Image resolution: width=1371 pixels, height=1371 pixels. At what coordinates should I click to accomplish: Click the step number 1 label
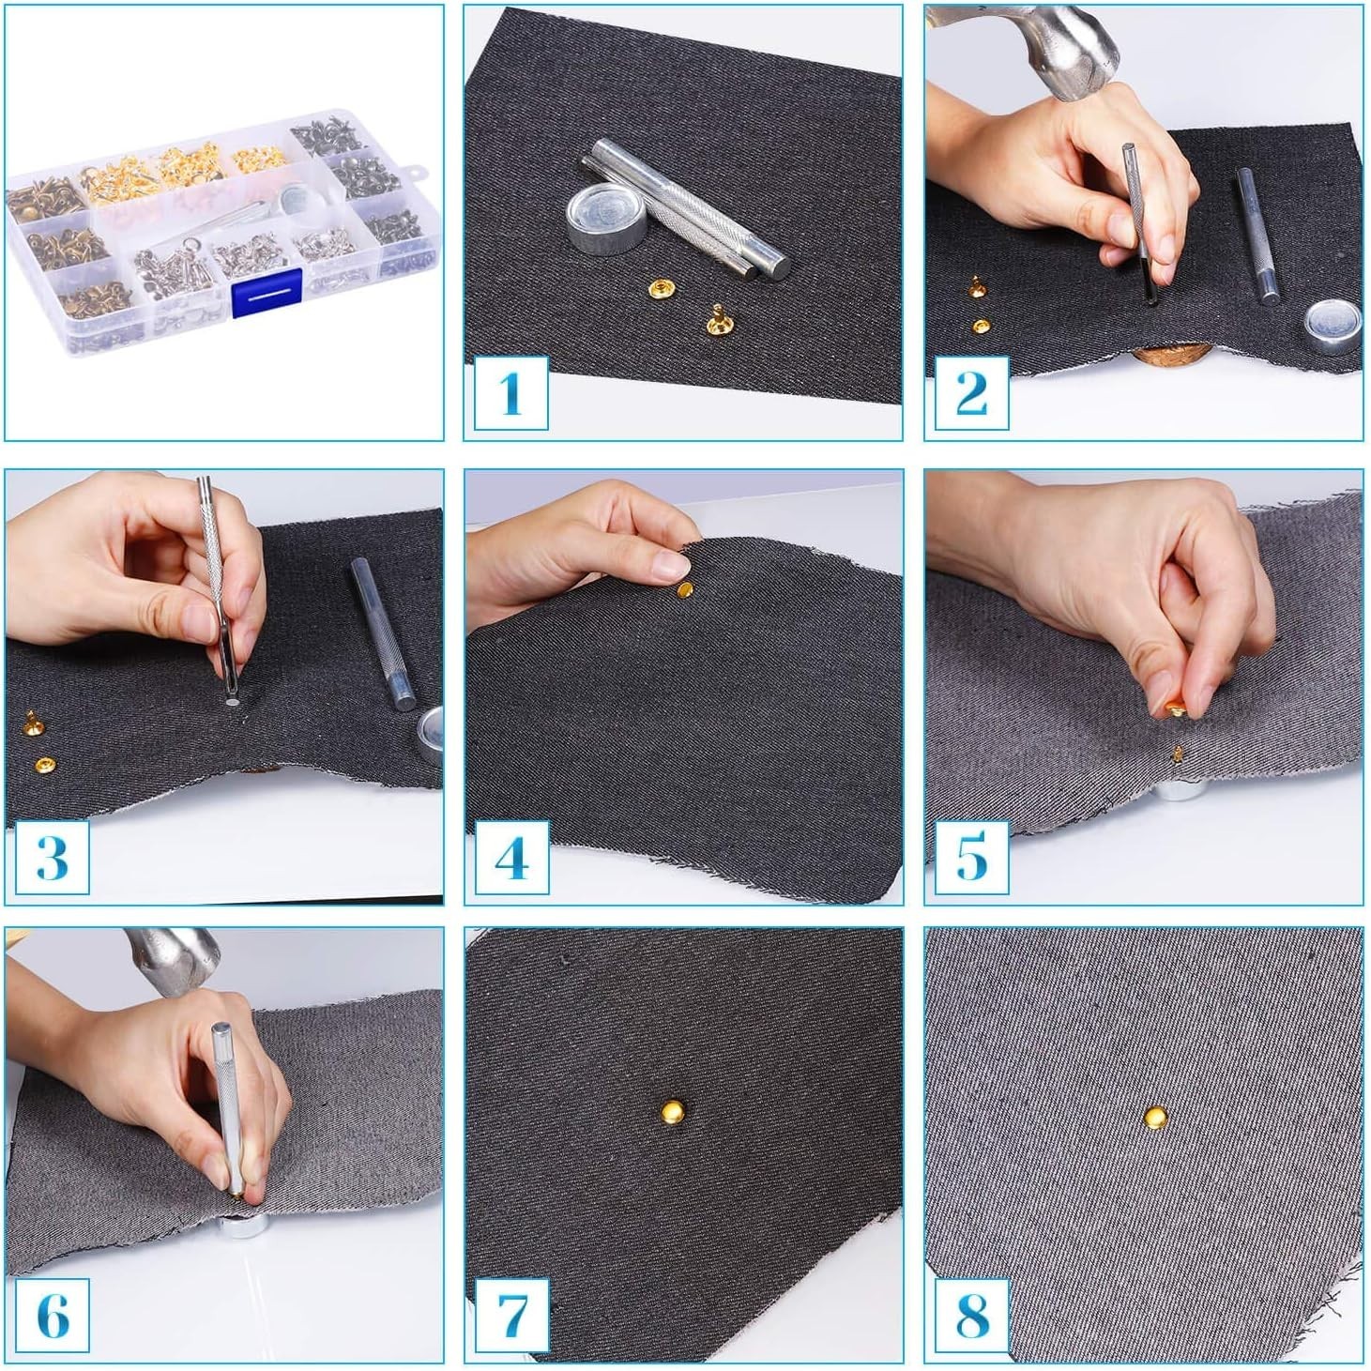tap(510, 393)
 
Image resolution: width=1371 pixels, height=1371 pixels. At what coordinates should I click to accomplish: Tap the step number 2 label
tap(971, 393)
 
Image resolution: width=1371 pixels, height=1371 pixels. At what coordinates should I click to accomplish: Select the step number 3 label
tap(52, 857)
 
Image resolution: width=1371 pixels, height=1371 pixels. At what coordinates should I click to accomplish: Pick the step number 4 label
tap(510, 857)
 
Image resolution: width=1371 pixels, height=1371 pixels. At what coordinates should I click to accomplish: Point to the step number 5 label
tap(971, 857)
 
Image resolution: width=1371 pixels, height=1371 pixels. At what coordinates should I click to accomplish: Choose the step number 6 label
tap(52, 1317)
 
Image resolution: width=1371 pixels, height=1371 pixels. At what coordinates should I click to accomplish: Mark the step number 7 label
tap(510, 1317)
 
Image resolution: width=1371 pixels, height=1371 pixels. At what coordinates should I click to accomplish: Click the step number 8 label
tap(971, 1317)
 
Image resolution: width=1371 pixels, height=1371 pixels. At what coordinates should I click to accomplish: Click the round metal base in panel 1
tap(607, 217)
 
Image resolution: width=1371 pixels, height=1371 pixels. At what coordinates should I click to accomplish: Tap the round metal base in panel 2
tap(1332, 327)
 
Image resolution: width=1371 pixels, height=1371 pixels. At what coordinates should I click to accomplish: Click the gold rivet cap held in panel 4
tap(684, 589)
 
